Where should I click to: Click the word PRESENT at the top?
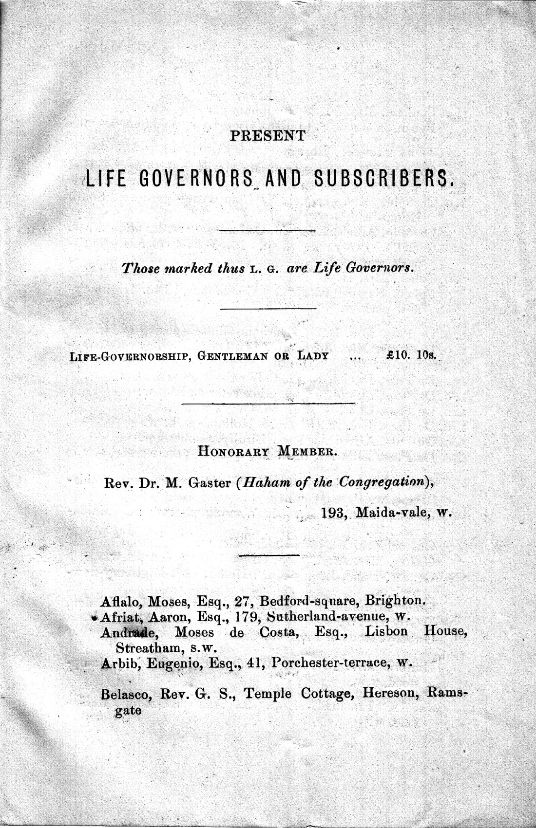click(x=268, y=135)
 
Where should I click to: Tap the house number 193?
click(x=334, y=513)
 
